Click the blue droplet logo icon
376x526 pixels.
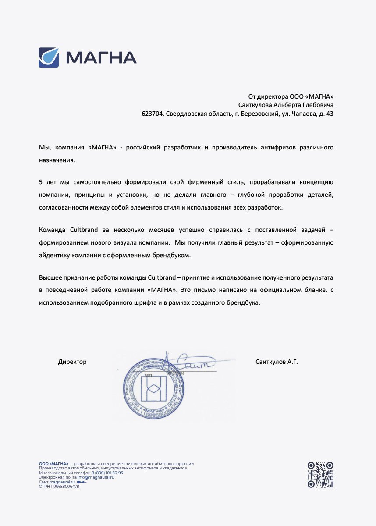49,57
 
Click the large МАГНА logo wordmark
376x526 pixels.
101,57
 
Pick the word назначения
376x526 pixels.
57,160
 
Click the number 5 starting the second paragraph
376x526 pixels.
41,182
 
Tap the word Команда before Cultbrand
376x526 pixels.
53,230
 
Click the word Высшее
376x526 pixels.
51,277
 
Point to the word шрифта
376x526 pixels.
151,302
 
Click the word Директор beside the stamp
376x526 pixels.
72,362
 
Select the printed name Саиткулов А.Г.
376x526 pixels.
277,362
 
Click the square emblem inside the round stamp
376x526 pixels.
153,388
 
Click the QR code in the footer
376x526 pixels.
320,475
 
